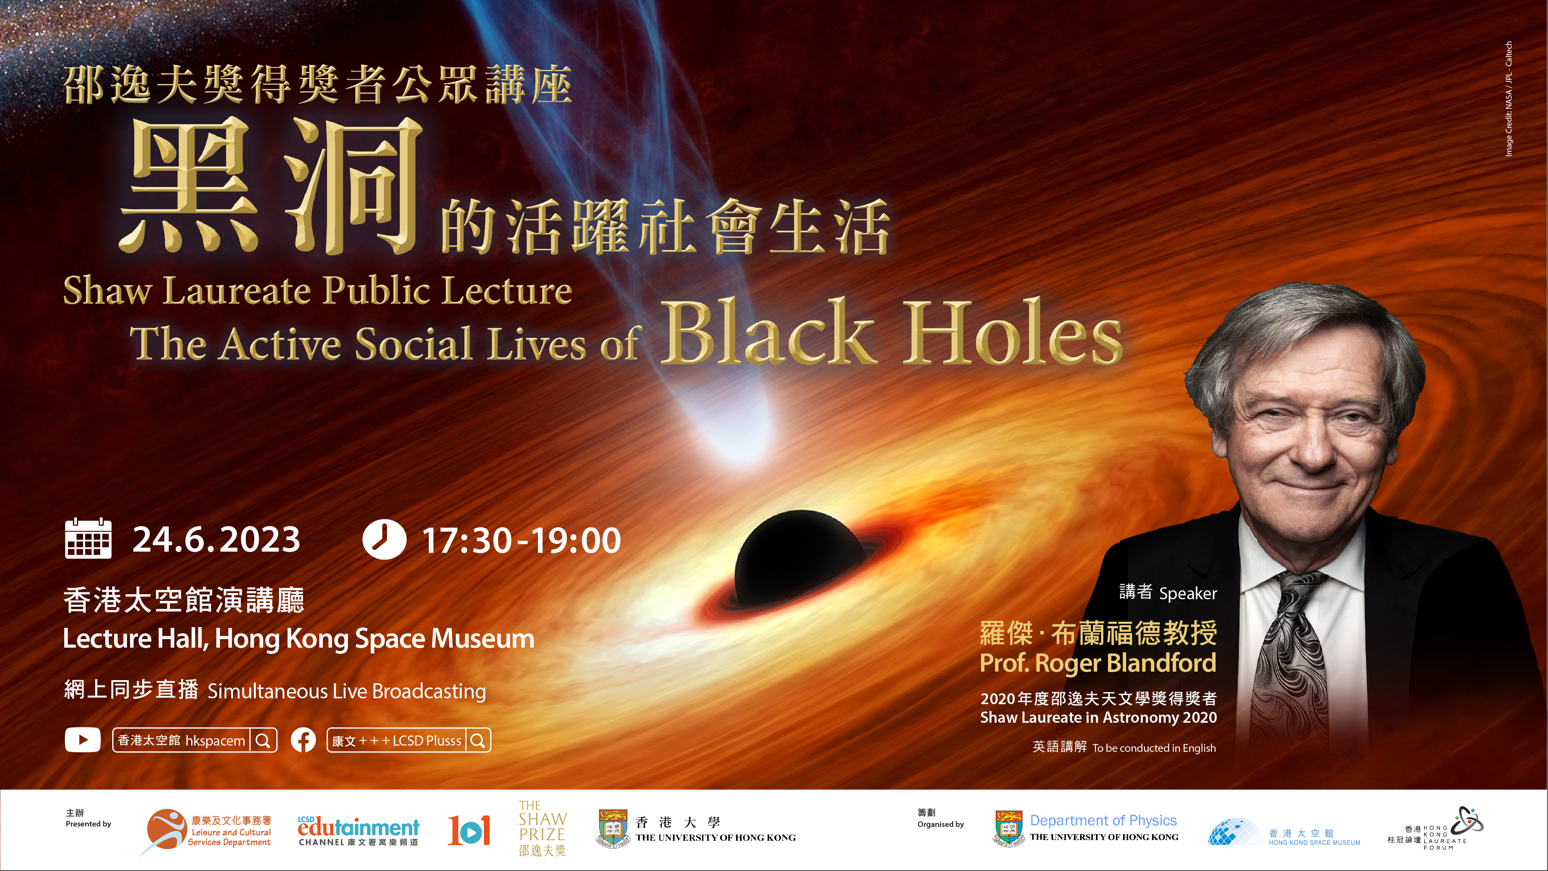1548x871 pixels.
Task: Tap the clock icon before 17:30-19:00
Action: pos(384,539)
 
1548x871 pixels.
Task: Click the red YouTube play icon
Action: pos(82,740)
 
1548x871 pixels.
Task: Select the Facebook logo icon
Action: pos(303,740)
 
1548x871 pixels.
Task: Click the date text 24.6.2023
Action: pos(216,539)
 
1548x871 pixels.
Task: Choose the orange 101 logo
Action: pos(469,830)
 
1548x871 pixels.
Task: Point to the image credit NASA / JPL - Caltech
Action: pos(1509,99)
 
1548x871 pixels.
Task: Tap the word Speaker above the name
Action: pos(1188,594)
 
